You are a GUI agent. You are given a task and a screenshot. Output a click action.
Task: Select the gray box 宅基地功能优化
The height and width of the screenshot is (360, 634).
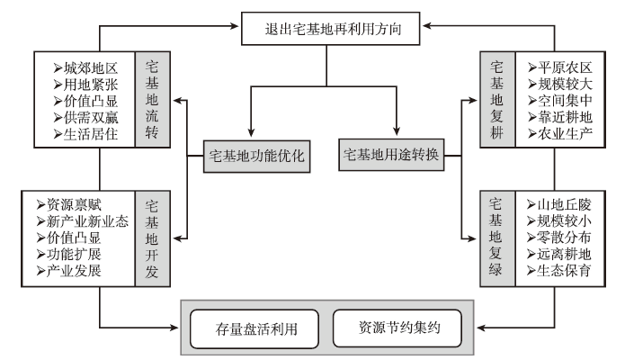257,155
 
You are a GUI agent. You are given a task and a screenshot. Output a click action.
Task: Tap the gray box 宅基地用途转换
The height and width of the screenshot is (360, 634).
391,154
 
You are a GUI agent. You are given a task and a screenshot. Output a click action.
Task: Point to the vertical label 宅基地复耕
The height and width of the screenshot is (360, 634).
496,99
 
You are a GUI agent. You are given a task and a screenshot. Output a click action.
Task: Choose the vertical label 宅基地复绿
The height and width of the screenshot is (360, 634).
496,237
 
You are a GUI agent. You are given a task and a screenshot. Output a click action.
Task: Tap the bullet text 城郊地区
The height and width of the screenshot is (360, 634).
89,68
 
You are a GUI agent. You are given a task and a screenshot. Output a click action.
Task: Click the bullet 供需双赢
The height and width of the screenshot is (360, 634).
89,118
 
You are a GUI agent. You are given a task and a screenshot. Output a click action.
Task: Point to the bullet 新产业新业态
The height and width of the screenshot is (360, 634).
83,220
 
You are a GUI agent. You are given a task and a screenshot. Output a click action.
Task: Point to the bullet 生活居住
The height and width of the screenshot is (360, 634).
89,135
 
